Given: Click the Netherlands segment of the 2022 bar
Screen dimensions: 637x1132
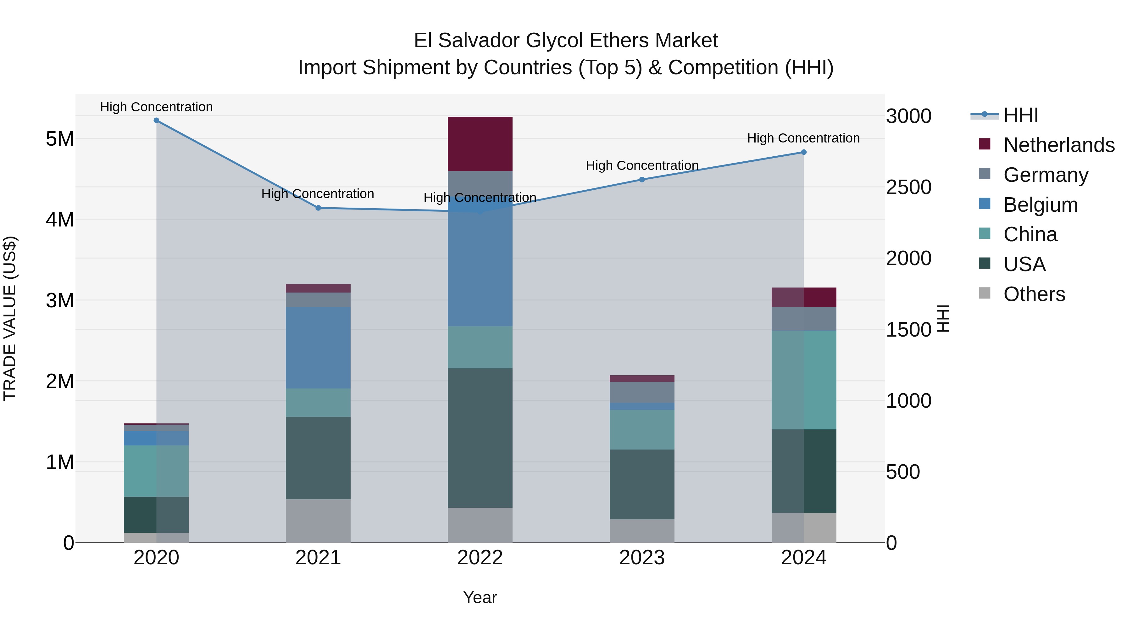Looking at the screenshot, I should click(x=480, y=144).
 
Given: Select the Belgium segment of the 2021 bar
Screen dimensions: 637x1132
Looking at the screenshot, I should click(x=318, y=348).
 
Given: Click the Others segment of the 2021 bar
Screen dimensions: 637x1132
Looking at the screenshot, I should click(x=318, y=521).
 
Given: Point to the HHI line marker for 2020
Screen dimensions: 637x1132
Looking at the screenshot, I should click(x=157, y=120).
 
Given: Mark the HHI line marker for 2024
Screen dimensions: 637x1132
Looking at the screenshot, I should click(x=804, y=152).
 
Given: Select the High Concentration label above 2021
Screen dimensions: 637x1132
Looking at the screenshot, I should click(x=317, y=194).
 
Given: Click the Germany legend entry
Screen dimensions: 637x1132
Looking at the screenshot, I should click(x=1046, y=175).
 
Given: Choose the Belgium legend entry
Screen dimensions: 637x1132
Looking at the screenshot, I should click(x=1040, y=205).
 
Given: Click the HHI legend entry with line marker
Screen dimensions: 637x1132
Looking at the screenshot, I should click(x=1020, y=115).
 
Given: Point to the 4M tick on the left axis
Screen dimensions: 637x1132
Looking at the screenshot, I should click(x=60, y=219).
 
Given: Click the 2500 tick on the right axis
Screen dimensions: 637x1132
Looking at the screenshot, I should click(x=908, y=187).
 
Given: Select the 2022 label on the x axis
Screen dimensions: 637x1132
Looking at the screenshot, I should click(x=480, y=558).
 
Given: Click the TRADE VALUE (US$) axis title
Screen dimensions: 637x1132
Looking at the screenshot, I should click(x=10, y=318).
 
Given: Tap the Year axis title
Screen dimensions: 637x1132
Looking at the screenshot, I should click(x=480, y=597).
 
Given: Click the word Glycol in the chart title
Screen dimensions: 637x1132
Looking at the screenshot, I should click(x=555, y=41).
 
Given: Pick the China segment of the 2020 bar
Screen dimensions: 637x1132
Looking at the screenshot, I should click(x=157, y=471).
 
